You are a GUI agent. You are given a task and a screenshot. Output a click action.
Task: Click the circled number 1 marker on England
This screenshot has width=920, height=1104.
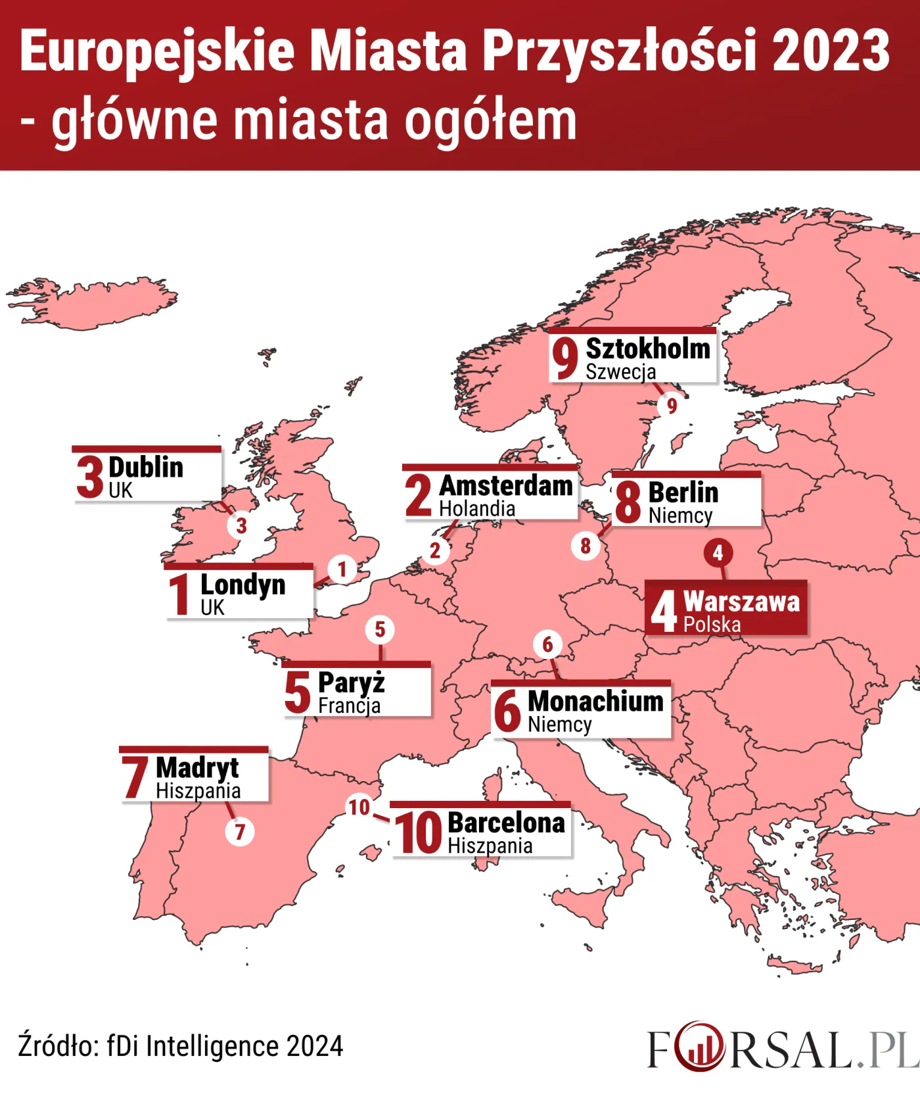click(342, 569)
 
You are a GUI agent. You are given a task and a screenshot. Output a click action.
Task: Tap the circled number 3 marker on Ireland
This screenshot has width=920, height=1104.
click(241, 525)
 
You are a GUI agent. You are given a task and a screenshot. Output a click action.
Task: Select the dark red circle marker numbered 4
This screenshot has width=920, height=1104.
click(718, 553)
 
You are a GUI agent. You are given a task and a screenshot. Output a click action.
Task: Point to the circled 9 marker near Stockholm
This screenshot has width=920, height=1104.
click(671, 406)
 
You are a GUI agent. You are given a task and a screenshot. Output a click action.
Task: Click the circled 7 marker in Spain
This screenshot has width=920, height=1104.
click(240, 832)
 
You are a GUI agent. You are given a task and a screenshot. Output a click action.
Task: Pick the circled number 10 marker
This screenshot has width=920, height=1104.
click(359, 807)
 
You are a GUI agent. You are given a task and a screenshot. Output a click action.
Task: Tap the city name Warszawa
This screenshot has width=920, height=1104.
click(741, 602)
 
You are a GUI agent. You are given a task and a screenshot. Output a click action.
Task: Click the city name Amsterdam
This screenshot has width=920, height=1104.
click(505, 486)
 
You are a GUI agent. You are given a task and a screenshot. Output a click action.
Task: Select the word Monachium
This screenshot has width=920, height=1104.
click(595, 702)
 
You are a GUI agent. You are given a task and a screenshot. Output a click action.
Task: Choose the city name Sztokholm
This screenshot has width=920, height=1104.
click(648, 348)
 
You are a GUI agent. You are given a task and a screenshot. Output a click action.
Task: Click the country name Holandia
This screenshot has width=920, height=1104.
click(477, 509)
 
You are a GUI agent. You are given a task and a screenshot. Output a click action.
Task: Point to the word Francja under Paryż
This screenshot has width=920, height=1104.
click(349, 706)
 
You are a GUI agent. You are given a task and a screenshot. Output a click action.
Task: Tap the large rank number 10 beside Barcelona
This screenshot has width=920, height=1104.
click(418, 832)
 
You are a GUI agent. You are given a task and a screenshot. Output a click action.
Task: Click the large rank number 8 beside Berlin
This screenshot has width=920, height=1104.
click(628, 502)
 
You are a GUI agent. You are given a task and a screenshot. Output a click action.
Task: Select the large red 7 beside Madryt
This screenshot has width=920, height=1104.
click(135, 777)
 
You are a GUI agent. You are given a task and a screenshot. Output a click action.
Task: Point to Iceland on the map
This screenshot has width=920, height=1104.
click(92, 302)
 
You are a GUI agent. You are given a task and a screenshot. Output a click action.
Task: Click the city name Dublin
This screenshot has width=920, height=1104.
click(146, 468)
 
